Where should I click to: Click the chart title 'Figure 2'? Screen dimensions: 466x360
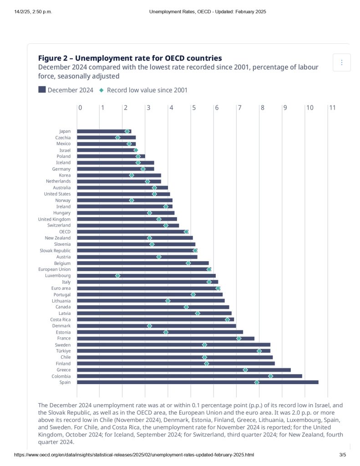[130, 58]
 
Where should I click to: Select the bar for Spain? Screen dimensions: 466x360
[198, 382]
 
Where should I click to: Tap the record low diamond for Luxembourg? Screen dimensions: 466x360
[117, 276]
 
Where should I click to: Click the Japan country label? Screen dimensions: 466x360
[65, 131]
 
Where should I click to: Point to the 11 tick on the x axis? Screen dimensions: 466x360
[332, 107]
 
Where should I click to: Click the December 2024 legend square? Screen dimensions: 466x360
[42, 90]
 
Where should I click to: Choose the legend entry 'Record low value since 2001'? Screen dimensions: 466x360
[147, 90]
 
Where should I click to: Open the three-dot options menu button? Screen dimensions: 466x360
[342, 62]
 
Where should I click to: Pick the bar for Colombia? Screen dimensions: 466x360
[189, 376]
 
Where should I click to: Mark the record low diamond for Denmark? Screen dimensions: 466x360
[149, 326]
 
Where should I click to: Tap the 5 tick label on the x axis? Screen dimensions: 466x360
[194, 107]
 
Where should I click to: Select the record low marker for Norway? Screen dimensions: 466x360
[132, 200]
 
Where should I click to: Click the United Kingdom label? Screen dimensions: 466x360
[54, 219]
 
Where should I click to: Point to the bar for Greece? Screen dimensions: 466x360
[183, 370]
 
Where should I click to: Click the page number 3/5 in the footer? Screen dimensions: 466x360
[343, 455]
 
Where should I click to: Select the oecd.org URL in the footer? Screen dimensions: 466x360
[134, 455]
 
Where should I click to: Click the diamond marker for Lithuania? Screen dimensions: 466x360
[167, 301]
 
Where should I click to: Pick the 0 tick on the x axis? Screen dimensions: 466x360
[80, 107]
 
